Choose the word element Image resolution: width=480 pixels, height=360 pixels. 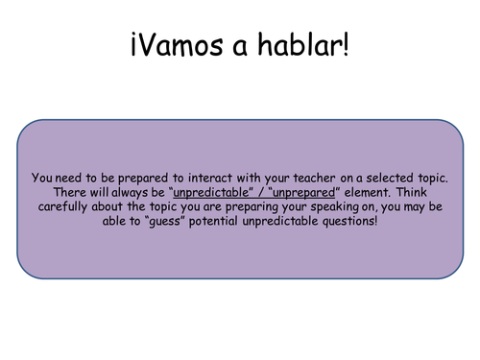tap(368, 193)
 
